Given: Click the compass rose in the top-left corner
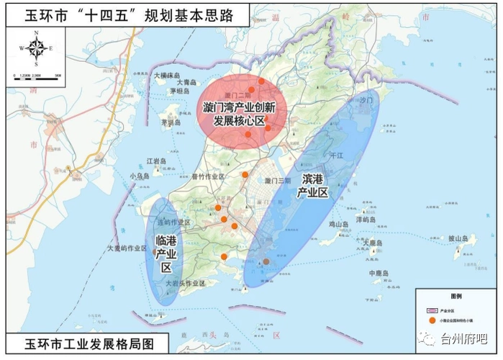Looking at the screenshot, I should pos(38,49).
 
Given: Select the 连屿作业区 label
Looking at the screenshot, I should pos(173,222).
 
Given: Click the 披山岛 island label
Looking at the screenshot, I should pos(458,238).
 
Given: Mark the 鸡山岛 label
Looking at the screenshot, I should pos(338,225).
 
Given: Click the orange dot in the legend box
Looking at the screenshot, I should pos(432,320).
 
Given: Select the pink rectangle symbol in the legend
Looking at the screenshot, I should pos(432,307).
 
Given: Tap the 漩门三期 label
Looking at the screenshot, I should pos(278,181).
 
